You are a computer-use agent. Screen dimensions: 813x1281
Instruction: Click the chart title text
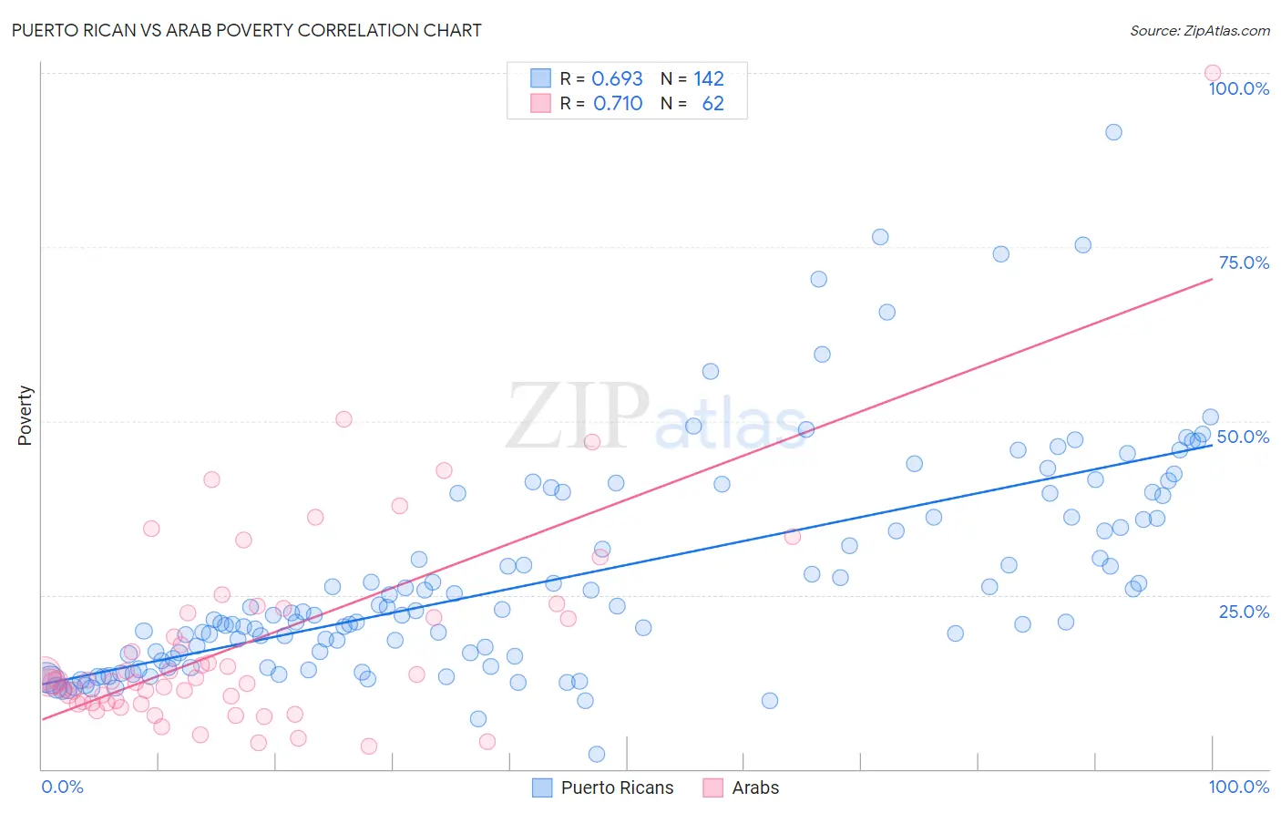click(x=246, y=30)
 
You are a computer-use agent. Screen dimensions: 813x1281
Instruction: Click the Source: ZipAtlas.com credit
click(x=1199, y=31)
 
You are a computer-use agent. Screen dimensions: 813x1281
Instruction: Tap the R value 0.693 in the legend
click(x=617, y=79)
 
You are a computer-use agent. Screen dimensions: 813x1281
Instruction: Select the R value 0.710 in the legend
click(x=618, y=104)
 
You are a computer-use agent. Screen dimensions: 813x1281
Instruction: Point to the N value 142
click(x=708, y=79)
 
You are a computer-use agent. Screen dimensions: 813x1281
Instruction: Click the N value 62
click(x=712, y=104)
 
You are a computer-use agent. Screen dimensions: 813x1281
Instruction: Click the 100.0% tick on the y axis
click(x=1238, y=88)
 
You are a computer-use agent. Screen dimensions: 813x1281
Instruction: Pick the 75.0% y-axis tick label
click(x=1244, y=262)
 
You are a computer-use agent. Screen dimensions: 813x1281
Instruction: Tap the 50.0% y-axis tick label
click(x=1243, y=437)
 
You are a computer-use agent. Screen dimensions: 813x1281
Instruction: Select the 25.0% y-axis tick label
click(x=1244, y=612)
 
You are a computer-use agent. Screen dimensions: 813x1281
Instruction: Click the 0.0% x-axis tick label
click(x=62, y=787)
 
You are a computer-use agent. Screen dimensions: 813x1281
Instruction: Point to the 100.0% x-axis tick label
click(x=1238, y=787)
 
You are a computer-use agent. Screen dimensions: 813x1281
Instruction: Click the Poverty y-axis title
click(x=25, y=416)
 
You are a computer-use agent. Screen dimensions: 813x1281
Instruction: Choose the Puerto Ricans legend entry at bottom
click(x=603, y=787)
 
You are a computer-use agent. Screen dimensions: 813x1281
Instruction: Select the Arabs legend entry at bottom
click(x=742, y=787)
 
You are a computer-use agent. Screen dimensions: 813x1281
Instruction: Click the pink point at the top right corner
click(x=1212, y=73)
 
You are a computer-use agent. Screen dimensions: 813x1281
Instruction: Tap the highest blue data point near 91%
click(x=1113, y=132)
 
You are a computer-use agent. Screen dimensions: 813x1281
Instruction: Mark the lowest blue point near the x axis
click(x=597, y=754)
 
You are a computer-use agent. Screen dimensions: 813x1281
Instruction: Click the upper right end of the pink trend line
click(x=1212, y=279)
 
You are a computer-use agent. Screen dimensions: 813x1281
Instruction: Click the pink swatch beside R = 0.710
click(x=540, y=104)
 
